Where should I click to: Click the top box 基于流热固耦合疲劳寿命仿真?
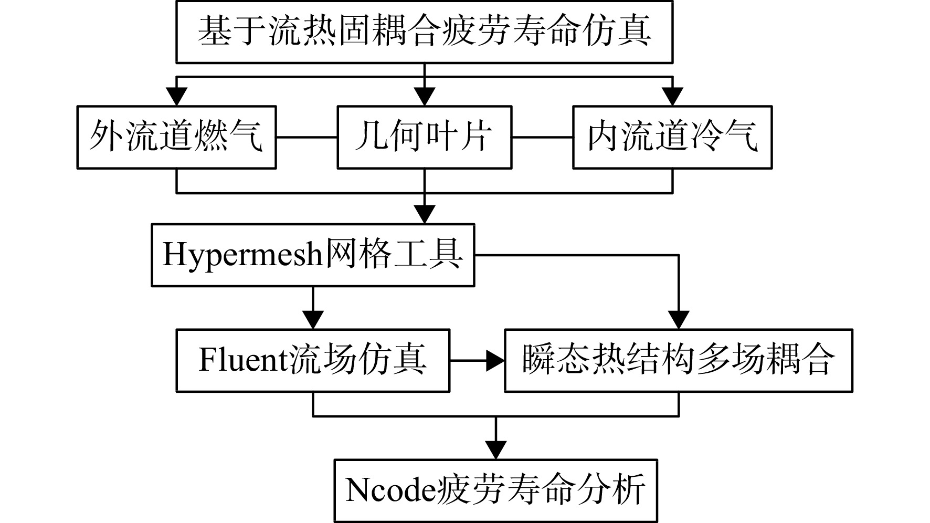pos(424,32)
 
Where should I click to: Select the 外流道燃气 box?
pos(176,137)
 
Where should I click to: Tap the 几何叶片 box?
pos(424,137)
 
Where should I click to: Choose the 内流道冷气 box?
pos(672,137)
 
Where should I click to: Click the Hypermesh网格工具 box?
pos(313,255)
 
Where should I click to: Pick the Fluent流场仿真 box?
pos(313,361)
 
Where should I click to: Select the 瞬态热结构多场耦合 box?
pos(679,361)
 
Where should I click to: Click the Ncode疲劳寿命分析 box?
pos(496,490)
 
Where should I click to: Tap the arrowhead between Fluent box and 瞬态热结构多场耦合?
pos(495,361)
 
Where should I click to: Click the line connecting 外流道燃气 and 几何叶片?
pos(307,138)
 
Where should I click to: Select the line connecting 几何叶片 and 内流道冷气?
pos(542,138)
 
